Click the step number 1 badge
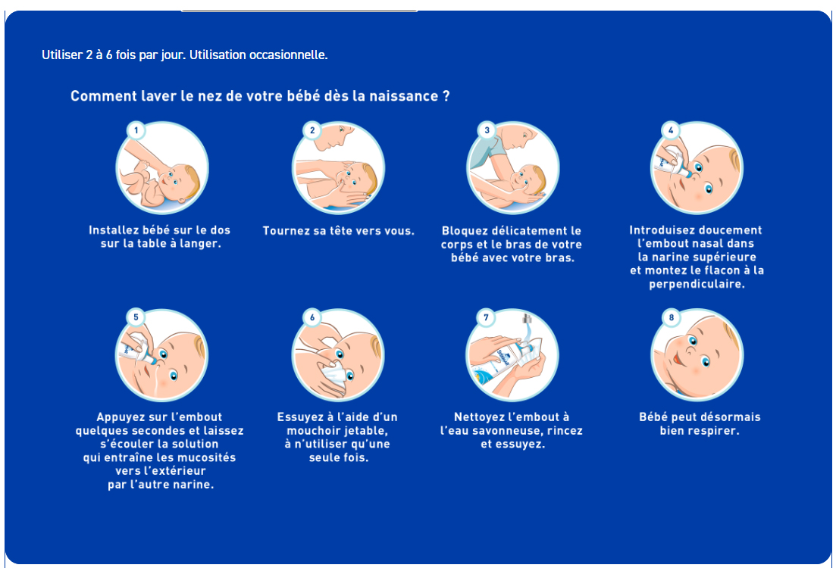[x=136, y=130]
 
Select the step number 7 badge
[x=487, y=317]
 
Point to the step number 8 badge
[x=671, y=317]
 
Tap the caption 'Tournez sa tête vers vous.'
[x=339, y=230]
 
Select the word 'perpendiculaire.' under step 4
[x=697, y=284]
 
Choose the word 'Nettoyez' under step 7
[x=481, y=417]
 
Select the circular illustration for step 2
[x=338, y=168]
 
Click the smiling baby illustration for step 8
[x=697, y=355]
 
